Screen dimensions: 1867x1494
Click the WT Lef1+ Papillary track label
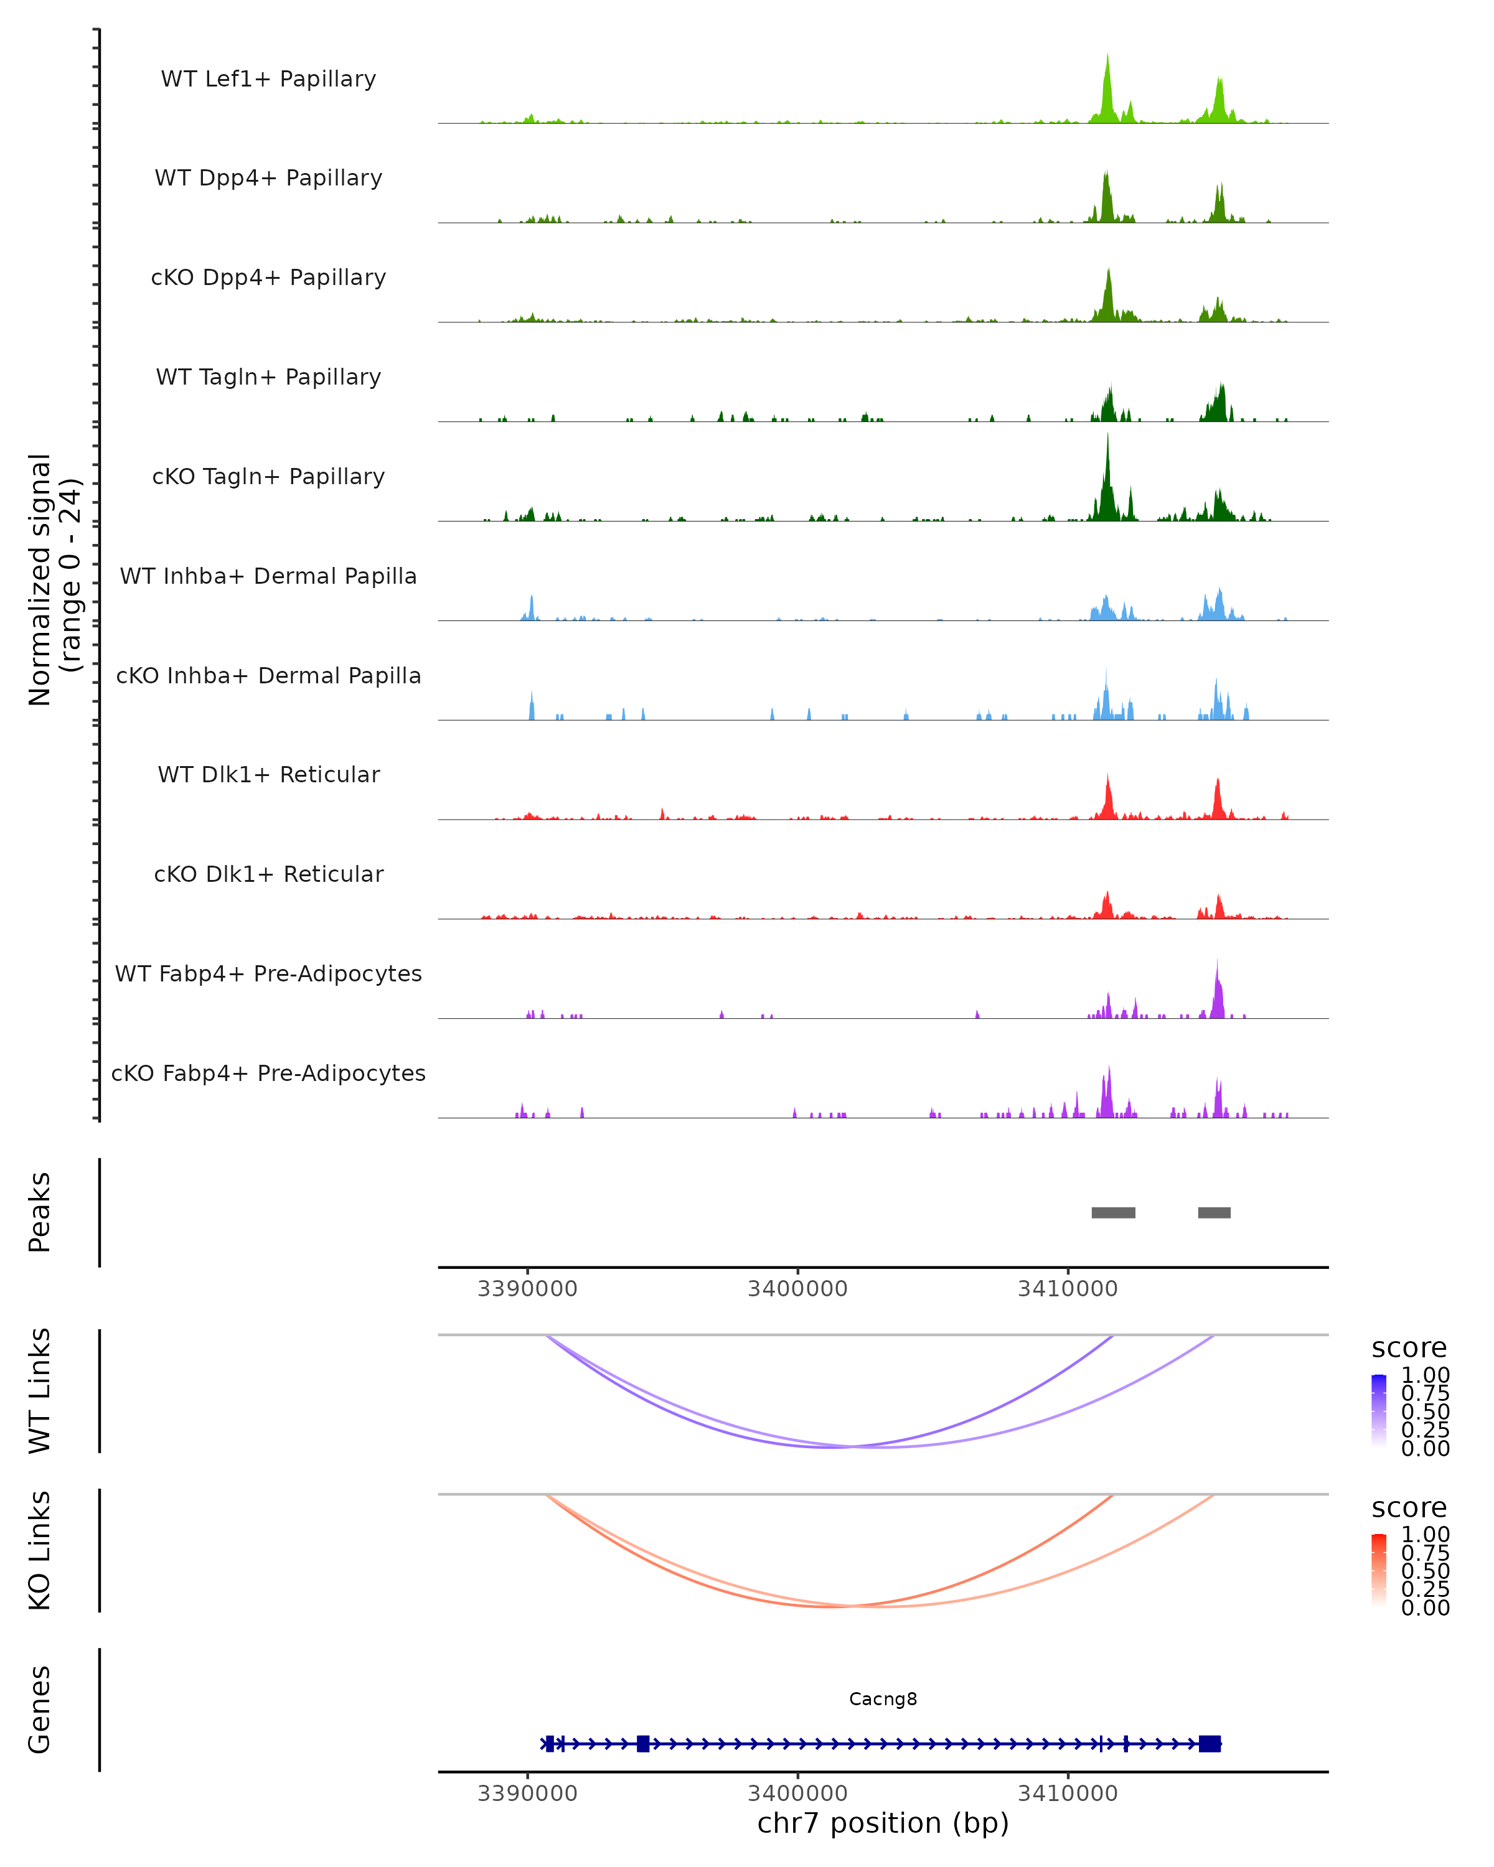click(268, 79)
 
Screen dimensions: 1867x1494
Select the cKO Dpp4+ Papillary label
click(268, 278)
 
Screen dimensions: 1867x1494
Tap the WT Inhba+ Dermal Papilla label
click(268, 577)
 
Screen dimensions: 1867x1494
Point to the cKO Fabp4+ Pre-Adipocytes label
click(268, 1074)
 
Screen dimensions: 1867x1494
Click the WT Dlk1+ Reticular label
click(268, 775)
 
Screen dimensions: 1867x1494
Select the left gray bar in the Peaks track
click(1113, 1212)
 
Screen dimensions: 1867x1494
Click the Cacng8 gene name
click(883, 1699)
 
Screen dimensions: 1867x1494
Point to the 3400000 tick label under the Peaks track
click(797, 1289)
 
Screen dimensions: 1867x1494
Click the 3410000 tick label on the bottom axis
click(1067, 1794)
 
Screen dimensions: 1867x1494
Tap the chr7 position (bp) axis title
click(883, 1823)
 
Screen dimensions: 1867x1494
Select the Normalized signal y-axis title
click(54, 579)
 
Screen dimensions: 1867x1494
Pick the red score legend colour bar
click(1379, 1570)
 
